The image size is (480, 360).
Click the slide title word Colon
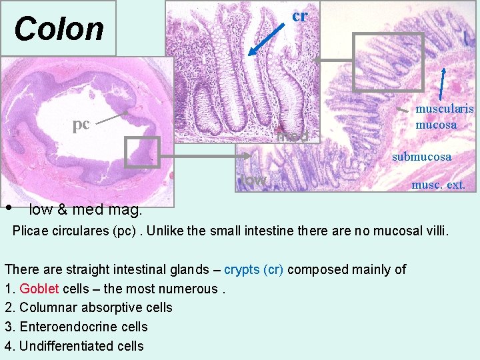coord(59,29)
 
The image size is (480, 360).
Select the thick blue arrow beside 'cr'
coord(265,38)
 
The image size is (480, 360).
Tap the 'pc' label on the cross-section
coord(81,124)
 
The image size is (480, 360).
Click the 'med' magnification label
coord(293,137)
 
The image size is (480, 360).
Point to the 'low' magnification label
coord(254,181)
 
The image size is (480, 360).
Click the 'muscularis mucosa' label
coord(444,116)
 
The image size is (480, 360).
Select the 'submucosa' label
coord(421,157)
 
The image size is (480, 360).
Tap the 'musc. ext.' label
coord(438,185)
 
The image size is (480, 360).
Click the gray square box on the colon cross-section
coord(143,152)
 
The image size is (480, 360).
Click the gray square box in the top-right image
coord(379,62)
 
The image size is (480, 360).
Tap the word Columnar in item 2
coord(44,307)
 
